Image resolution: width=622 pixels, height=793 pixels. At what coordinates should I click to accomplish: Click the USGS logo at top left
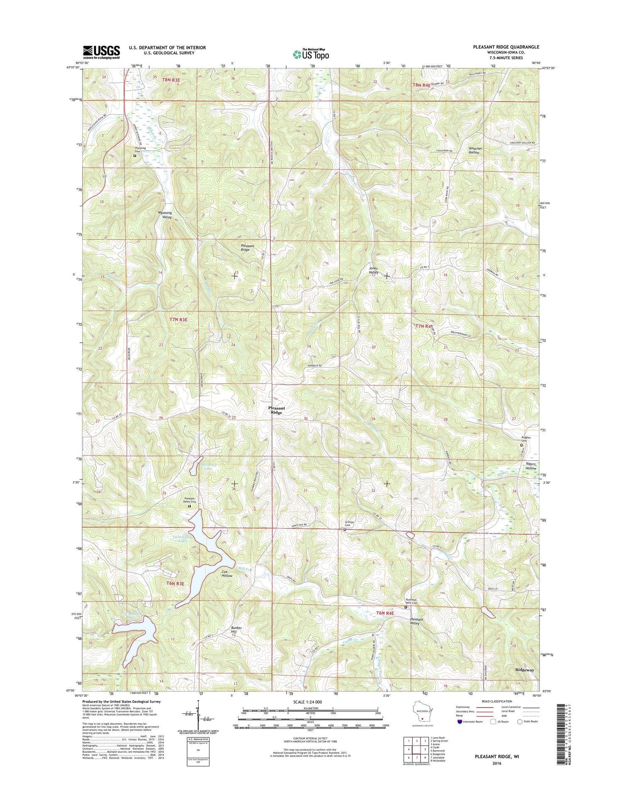[x=102, y=52]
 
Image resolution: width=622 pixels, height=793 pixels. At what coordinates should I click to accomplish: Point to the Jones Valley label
[x=374, y=270]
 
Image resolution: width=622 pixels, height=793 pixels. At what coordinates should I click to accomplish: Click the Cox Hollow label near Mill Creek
[x=227, y=573]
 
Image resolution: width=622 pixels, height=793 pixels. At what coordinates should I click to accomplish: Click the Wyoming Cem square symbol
[x=134, y=156]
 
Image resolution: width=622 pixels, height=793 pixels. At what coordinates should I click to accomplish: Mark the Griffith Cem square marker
[x=345, y=530]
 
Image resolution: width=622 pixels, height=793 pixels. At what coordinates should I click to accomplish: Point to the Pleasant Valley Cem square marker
[x=190, y=506]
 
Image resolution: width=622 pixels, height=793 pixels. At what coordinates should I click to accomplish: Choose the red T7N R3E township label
[x=179, y=319]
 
